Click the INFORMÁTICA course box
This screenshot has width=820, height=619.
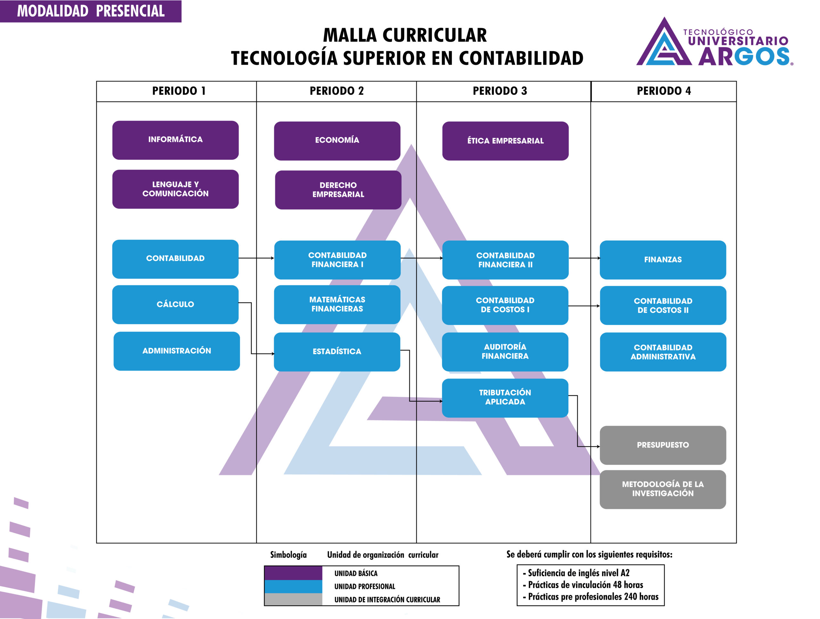[175, 140]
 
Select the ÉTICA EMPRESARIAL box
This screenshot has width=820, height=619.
[505, 141]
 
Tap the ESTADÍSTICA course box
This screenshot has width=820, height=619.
[337, 351]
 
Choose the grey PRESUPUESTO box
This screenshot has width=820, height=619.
[663, 445]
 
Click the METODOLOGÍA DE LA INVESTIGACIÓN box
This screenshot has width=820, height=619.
[663, 489]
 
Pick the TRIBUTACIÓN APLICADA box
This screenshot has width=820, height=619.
[505, 398]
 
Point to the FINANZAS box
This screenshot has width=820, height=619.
[663, 260]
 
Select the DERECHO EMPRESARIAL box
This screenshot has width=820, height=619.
[338, 190]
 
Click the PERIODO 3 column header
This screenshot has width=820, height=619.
[500, 91]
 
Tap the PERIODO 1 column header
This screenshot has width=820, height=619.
[179, 91]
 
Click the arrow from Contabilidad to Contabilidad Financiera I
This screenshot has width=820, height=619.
[256, 258]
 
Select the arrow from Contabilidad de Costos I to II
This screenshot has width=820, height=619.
[584, 306]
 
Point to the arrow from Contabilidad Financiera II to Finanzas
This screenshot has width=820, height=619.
[584, 258]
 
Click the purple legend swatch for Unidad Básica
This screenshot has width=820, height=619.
[293, 573]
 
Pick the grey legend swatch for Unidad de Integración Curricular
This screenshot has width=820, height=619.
[293, 599]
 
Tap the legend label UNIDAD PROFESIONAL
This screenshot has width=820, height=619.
[365, 586]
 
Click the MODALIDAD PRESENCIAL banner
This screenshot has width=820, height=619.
[91, 11]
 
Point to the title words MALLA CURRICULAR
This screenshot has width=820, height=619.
[405, 36]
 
